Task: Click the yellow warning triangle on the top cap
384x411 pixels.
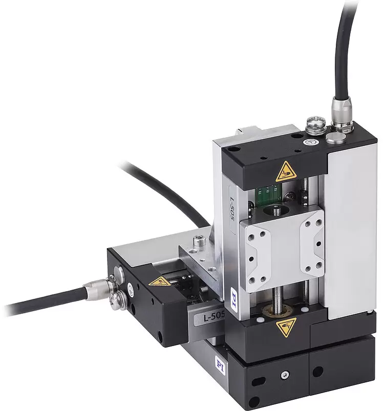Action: click(x=285, y=172)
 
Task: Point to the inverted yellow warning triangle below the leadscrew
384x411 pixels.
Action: click(x=287, y=327)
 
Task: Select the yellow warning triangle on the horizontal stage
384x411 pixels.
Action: click(x=159, y=282)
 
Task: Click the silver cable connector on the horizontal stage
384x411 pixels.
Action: click(x=97, y=289)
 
